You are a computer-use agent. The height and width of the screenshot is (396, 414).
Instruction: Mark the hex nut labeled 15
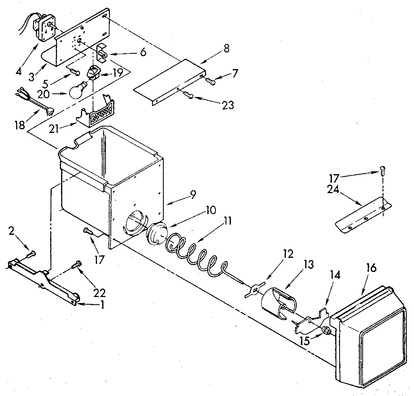325,333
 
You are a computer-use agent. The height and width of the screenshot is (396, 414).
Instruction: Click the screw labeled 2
31,254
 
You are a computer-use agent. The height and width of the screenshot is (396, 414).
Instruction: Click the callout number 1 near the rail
102,305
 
